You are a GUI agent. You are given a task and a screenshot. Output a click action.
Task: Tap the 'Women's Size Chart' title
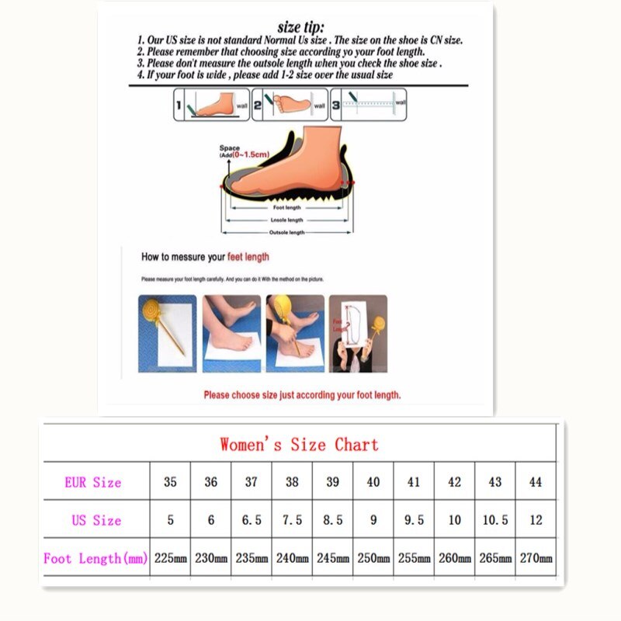click(299, 445)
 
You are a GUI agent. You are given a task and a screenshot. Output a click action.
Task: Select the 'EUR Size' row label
click(93, 482)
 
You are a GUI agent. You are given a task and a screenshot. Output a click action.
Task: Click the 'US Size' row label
click(97, 520)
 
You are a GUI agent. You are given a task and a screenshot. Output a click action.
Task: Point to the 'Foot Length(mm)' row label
click(94, 558)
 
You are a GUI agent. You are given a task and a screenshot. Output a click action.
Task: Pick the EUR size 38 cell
click(292, 482)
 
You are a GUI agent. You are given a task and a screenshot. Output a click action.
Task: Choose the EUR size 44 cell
click(536, 482)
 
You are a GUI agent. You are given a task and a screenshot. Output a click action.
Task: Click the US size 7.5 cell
click(292, 520)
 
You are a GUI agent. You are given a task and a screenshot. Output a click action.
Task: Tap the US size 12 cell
click(536, 520)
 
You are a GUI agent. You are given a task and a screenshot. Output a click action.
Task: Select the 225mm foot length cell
click(170, 558)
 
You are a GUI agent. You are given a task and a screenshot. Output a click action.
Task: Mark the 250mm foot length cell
click(373, 558)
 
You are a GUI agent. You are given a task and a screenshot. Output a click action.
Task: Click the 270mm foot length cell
click(536, 558)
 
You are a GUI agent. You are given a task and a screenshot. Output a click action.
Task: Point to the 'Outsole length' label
click(286, 233)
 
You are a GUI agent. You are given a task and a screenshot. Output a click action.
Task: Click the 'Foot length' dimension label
click(287, 207)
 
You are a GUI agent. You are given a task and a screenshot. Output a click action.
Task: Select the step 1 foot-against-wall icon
click(210, 104)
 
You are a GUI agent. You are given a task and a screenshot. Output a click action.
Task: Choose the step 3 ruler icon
click(369, 104)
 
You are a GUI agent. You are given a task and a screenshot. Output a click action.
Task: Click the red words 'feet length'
click(248, 257)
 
